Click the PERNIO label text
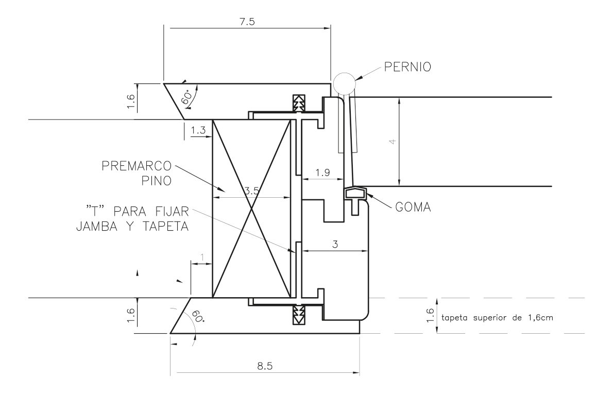[x=404, y=67]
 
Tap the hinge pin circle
[x=343, y=82]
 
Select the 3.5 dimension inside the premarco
[x=251, y=190]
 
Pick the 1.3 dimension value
[x=198, y=132]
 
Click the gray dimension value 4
[x=393, y=141]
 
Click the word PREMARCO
[x=137, y=167]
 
